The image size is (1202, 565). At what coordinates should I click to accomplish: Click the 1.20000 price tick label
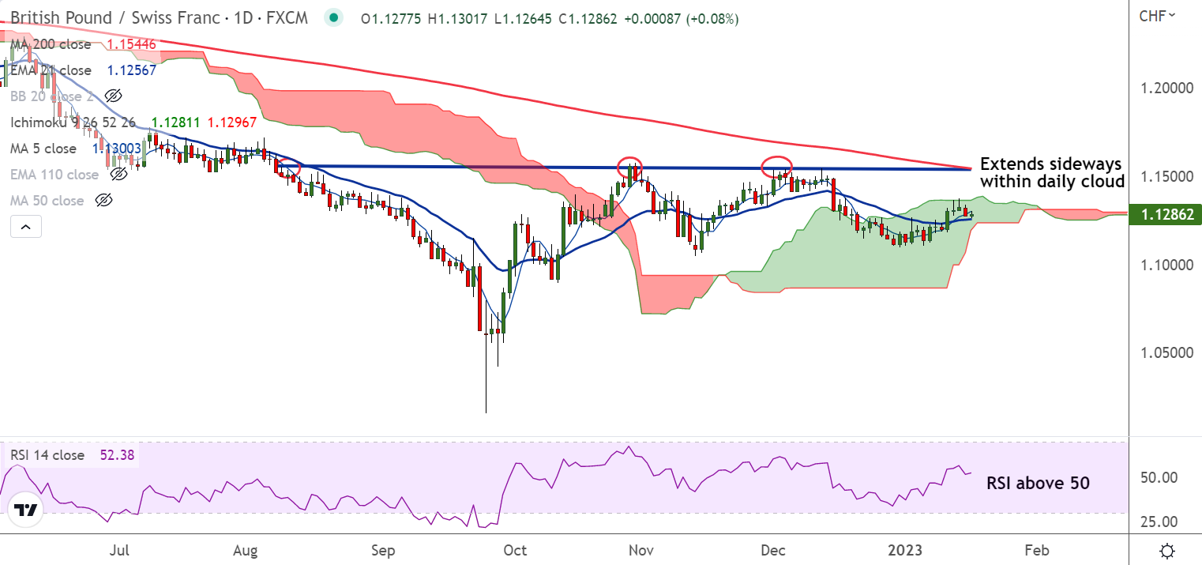1166,88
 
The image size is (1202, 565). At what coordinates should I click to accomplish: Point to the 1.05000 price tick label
1166,352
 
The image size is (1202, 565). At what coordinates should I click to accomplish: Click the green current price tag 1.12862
1166,213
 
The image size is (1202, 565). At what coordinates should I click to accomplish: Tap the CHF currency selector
1157,15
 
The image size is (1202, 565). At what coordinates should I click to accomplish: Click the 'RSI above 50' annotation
1038,483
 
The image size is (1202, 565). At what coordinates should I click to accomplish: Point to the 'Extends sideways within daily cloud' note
1051,172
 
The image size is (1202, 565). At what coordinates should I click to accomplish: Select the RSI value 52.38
116,455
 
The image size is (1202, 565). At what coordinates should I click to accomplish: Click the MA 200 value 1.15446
133,45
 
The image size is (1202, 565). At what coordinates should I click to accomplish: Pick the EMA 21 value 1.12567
131,70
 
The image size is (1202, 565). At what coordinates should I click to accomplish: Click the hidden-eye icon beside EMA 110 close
118,175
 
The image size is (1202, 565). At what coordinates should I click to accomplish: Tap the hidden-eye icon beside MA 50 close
103,201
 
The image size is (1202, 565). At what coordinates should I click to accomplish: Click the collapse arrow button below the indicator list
25,228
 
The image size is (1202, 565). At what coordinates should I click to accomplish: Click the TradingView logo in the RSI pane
26,510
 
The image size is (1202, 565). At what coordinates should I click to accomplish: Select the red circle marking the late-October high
629,168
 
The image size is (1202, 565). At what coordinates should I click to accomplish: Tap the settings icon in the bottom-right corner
1166,550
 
